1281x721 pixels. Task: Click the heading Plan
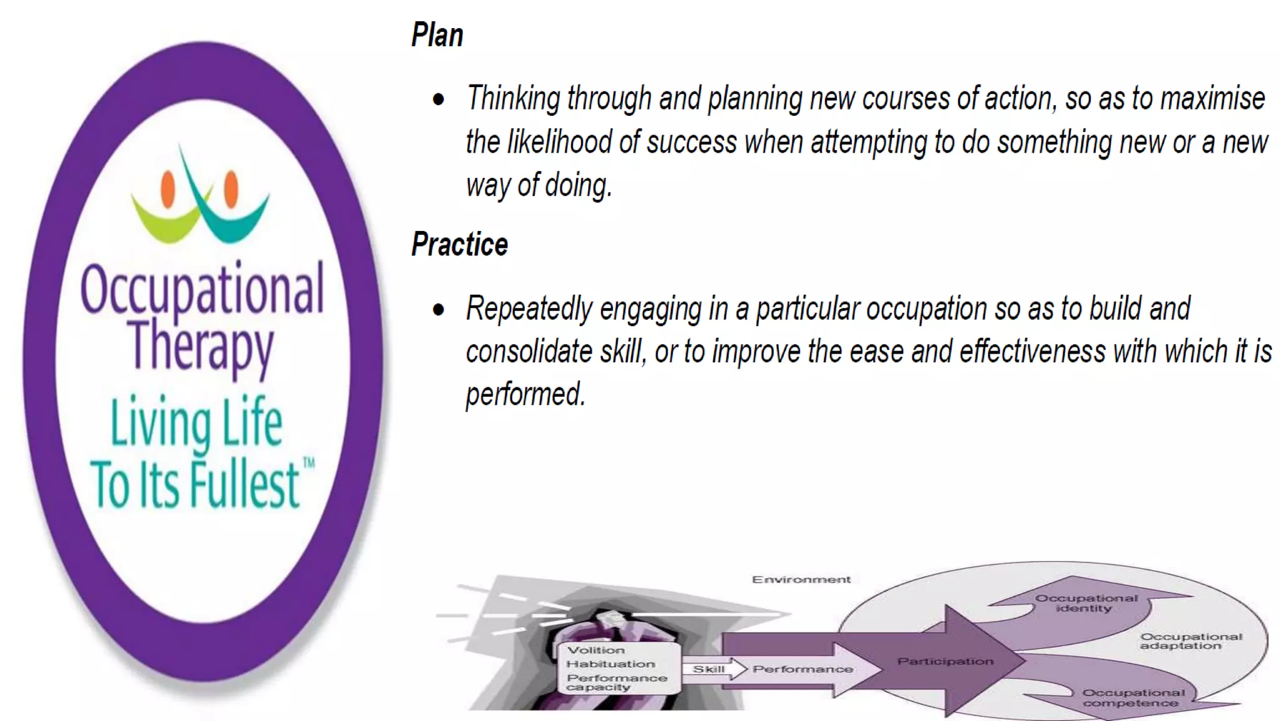(437, 35)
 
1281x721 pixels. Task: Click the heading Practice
(460, 244)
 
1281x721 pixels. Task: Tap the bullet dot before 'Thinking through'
(438, 100)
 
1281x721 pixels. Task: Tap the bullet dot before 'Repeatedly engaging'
(438, 309)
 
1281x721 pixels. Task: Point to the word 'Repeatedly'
(529, 309)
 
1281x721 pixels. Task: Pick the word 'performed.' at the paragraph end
(525, 394)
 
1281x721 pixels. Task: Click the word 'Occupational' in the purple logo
(202, 289)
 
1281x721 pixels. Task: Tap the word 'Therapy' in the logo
(201, 346)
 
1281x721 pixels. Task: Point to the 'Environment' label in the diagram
(801, 580)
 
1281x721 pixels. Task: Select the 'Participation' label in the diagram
(945, 662)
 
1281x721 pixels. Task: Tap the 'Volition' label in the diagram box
(595, 650)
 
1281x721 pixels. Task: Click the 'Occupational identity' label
(1086, 603)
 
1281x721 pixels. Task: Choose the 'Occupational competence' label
(1133, 698)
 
